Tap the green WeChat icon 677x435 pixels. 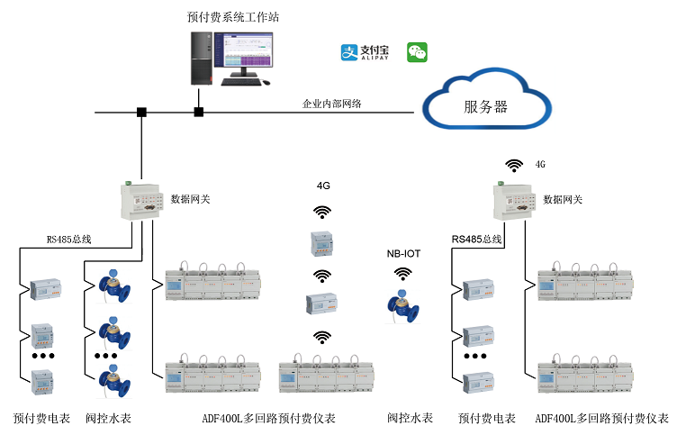pos(417,52)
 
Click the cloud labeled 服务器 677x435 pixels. pos(486,104)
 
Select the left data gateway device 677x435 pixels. pos(141,198)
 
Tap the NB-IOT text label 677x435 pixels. pos(402,255)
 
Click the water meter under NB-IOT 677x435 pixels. pos(402,304)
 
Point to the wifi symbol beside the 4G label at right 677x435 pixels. pos(514,165)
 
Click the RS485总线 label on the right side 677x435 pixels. pos(476,239)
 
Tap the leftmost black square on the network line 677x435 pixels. pos(141,113)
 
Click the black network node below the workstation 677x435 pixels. pos(199,113)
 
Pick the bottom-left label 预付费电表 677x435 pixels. pos(37,419)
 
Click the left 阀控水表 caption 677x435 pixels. pos(109,419)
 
